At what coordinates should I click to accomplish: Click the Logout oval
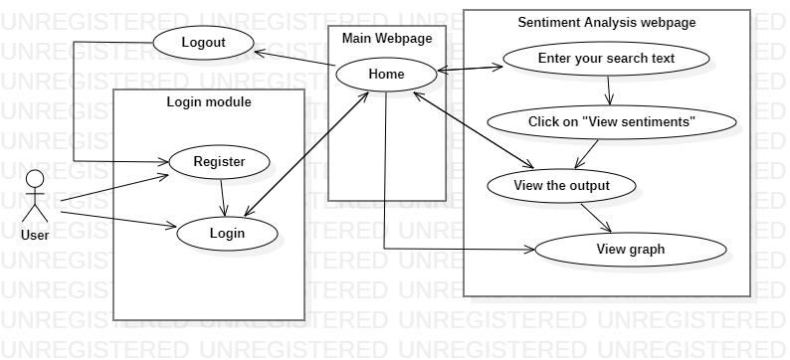click(203, 43)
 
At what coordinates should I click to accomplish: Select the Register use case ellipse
click(219, 162)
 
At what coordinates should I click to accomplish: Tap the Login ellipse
click(227, 234)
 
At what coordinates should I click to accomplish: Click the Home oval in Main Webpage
click(386, 75)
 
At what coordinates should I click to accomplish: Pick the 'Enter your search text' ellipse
click(606, 59)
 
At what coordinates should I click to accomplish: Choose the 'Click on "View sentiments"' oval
click(612, 122)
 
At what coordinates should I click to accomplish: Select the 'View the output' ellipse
click(561, 186)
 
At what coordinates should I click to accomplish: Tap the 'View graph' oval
click(630, 250)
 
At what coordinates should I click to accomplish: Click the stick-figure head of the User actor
click(35, 179)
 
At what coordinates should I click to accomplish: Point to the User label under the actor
click(35, 235)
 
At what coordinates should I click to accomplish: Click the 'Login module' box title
click(209, 102)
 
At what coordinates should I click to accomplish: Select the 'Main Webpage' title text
click(387, 38)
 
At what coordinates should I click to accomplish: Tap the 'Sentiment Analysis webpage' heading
click(607, 23)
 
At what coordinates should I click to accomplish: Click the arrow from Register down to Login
click(223, 198)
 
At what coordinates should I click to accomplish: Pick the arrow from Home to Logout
click(295, 58)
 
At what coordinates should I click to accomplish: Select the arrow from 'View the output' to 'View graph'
click(596, 218)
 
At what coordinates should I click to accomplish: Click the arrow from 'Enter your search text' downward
click(609, 90)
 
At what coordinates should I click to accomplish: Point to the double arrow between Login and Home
click(306, 154)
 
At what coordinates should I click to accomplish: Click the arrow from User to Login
click(118, 220)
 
